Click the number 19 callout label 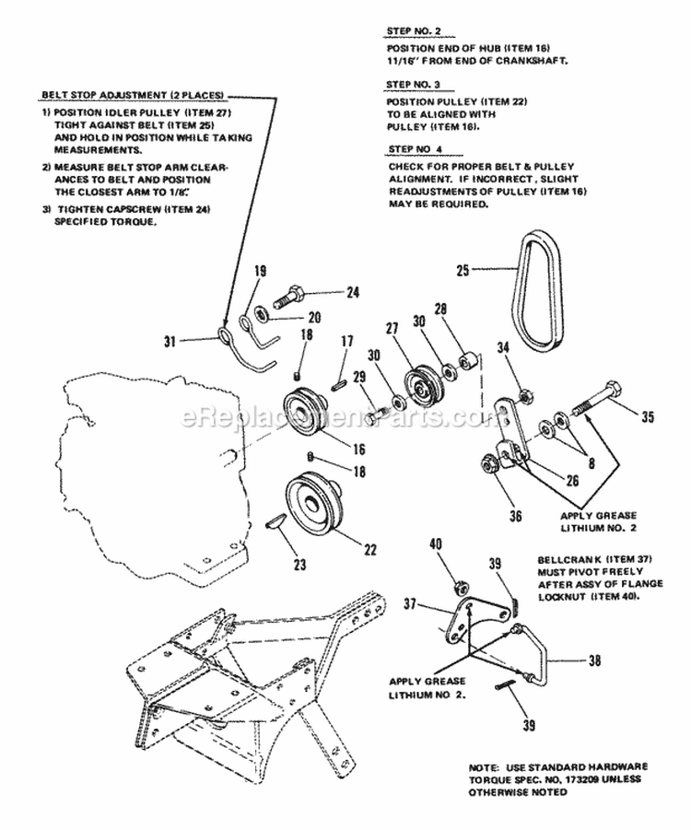(259, 271)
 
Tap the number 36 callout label (489, 503)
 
